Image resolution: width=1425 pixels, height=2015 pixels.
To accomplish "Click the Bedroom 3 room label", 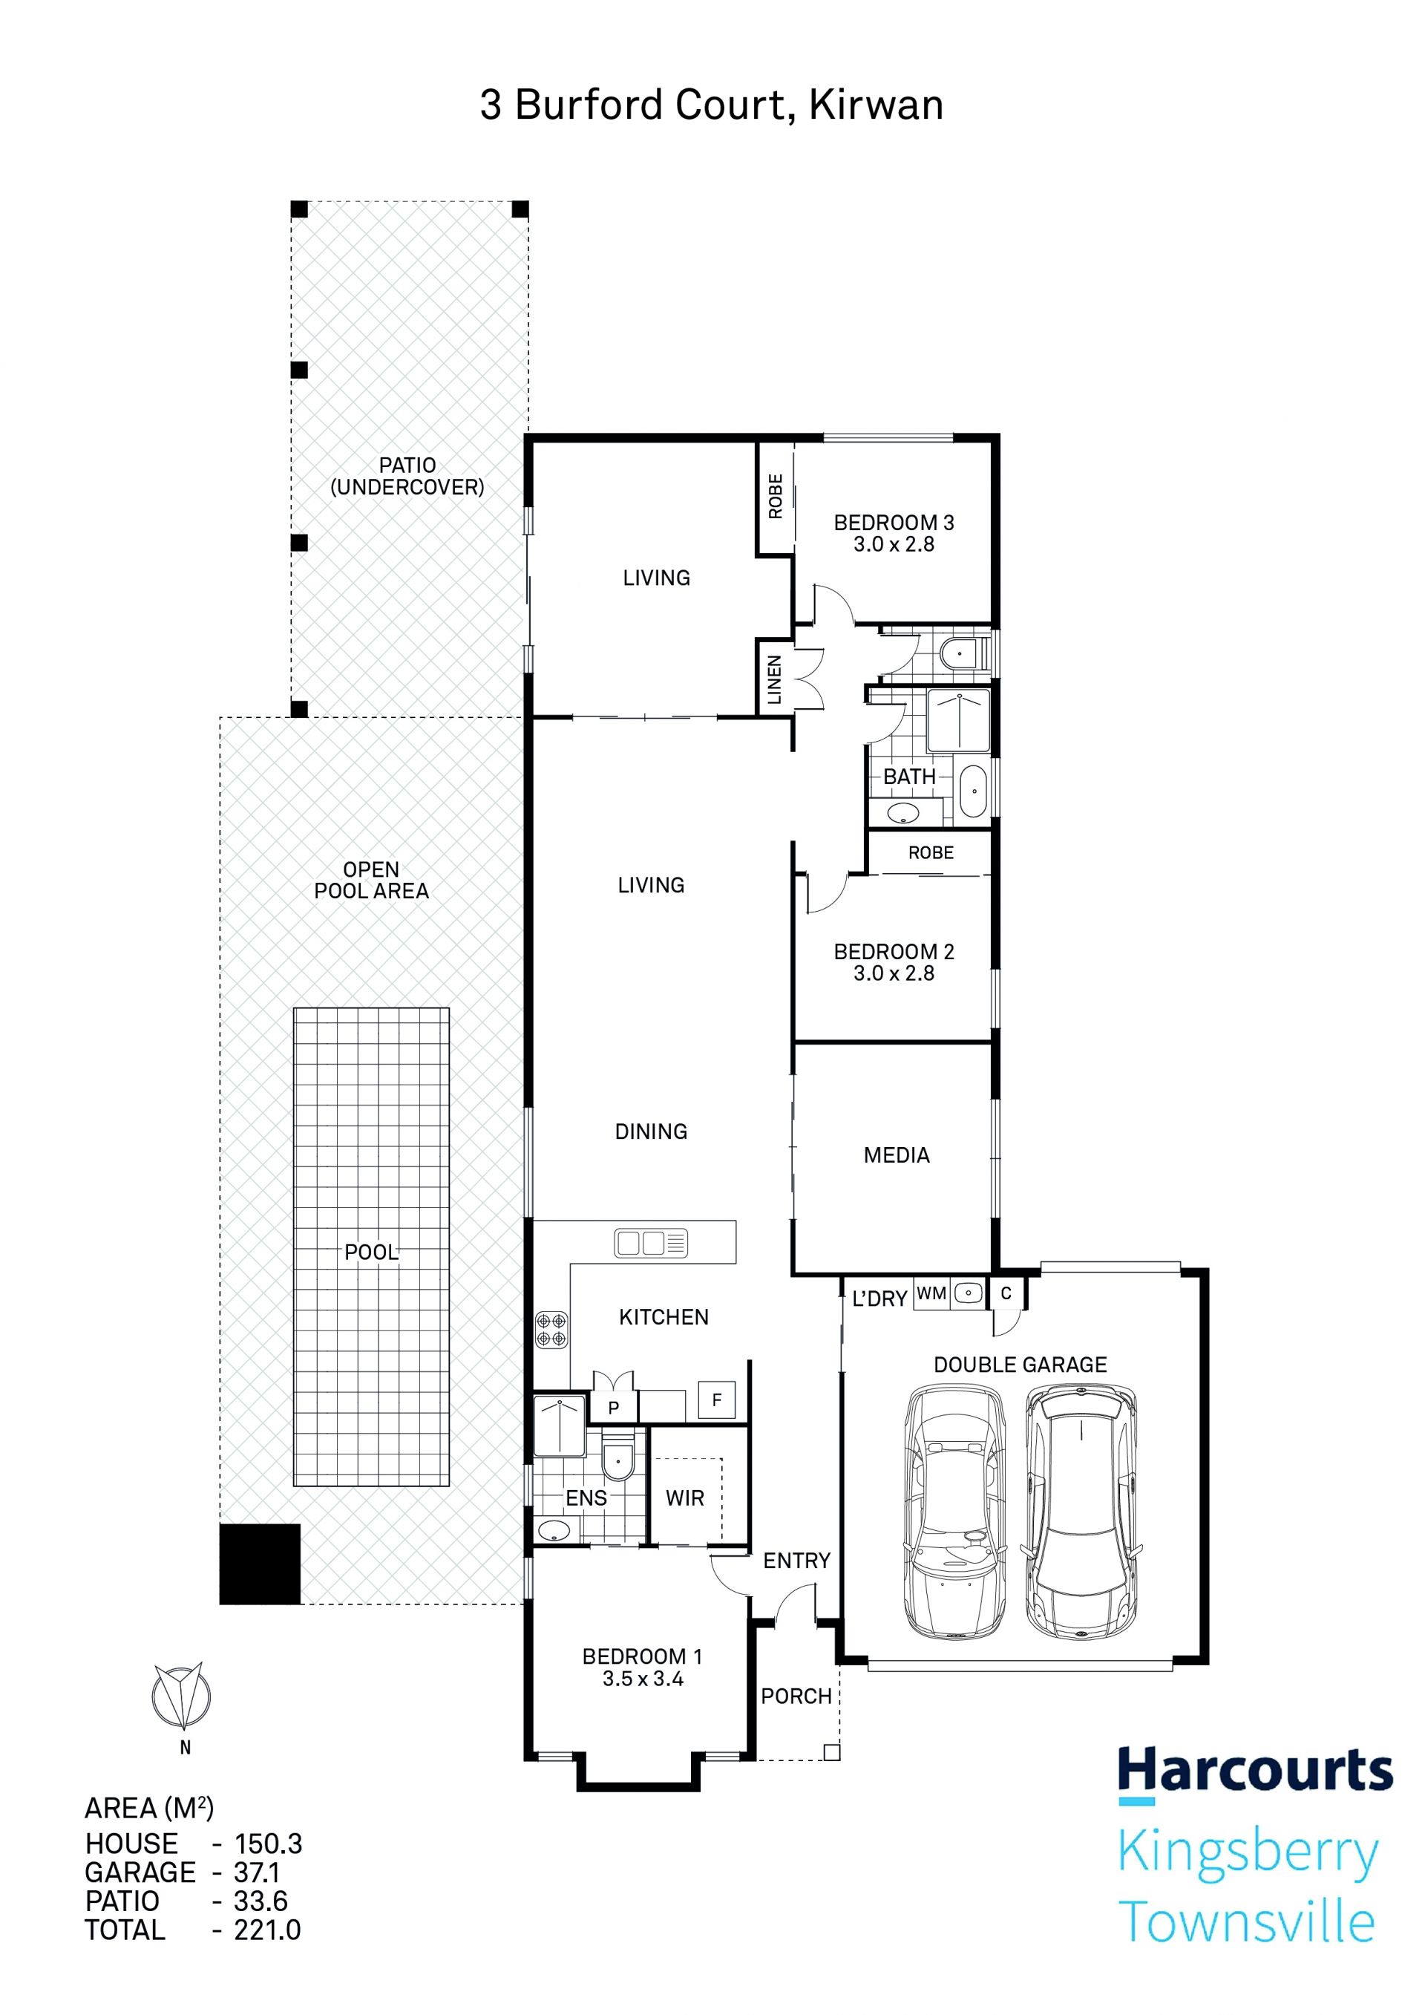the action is [894, 522].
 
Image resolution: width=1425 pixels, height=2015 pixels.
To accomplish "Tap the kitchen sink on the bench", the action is [651, 1243].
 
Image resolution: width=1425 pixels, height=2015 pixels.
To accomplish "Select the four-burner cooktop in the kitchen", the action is [551, 1330].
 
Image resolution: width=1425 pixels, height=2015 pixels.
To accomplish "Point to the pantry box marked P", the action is [613, 1407].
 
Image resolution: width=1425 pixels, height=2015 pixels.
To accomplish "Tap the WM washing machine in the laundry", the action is [931, 1293].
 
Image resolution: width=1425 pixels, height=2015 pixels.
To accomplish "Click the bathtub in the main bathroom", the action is [973, 791].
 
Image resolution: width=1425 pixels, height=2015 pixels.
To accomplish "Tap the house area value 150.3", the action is [269, 1843].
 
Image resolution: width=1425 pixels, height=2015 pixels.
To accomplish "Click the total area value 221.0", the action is [268, 1930].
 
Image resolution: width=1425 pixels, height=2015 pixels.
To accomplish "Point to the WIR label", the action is [684, 1498].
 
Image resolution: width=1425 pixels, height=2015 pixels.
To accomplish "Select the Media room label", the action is [896, 1155].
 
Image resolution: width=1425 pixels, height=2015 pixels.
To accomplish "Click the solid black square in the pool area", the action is [260, 1564].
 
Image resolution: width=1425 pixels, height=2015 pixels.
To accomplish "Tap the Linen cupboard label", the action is [774, 679].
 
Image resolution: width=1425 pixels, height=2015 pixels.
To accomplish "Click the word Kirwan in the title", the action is [876, 105].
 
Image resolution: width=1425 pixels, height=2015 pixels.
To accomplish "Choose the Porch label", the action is [796, 1696].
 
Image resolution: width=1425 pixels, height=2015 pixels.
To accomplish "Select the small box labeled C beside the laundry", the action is [1006, 1293].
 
